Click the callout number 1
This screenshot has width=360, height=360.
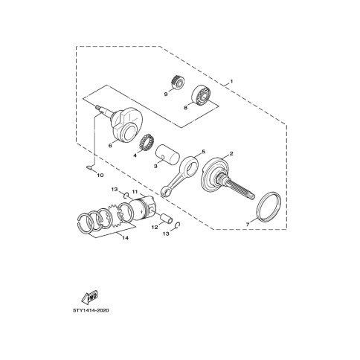click(x=231, y=81)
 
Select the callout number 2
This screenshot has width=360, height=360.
click(x=231, y=154)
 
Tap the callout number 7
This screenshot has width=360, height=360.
click(x=248, y=225)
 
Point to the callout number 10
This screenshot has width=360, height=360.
click(x=100, y=176)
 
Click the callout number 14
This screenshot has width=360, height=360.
click(x=126, y=238)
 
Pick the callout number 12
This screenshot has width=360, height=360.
click(x=155, y=227)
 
